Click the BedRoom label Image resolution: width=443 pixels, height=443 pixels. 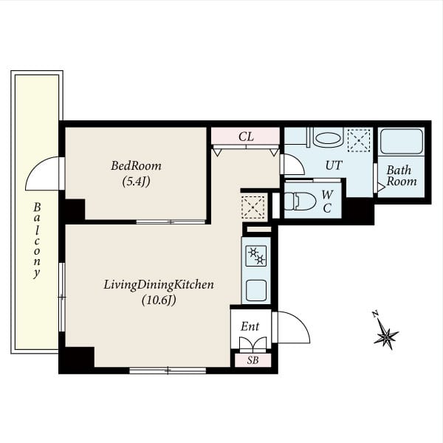pos(136,165)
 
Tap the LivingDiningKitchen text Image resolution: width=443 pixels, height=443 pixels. pos(159,285)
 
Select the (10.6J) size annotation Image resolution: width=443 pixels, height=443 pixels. pos(159,300)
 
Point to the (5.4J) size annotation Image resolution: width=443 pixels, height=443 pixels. pos(136,182)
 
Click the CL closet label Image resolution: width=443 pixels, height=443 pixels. pos(246,137)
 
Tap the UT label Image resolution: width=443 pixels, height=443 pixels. pos(334,165)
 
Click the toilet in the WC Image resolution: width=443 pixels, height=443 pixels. pos(300,201)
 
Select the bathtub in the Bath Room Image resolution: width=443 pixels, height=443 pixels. pos(401,142)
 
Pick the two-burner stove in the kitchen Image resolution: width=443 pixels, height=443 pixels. pos(256,255)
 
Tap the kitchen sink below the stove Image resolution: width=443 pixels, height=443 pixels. pos(256,290)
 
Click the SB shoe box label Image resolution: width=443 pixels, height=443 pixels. pos(253,360)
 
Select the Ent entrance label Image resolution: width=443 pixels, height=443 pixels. pos(250,326)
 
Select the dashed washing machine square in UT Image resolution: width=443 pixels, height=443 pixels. pos(359,140)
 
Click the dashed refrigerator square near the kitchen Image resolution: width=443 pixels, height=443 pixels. pos(253,207)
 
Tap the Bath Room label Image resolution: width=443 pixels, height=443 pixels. pos(401,176)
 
